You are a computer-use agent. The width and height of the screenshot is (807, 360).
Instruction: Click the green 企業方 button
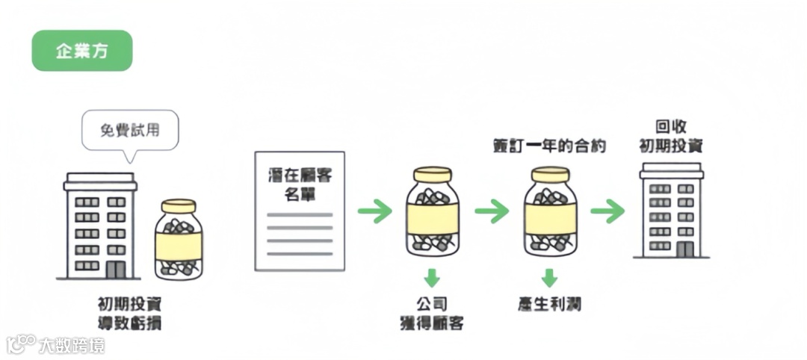pyautogui.click(x=82, y=51)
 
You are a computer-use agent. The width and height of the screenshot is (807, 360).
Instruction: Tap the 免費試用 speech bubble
pyautogui.click(x=130, y=130)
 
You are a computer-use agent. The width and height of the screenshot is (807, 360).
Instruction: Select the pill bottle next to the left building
pyautogui.click(x=179, y=239)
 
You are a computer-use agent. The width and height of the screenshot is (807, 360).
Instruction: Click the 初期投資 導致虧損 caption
pyautogui.click(x=129, y=314)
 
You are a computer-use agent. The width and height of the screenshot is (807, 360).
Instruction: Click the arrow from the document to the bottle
pyautogui.click(x=374, y=211)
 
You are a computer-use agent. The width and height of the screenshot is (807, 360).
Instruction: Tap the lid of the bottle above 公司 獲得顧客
pyautogui.click(x=433, y=176)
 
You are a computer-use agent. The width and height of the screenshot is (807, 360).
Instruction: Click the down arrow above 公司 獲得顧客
pyautogui.click(x=432, y=278)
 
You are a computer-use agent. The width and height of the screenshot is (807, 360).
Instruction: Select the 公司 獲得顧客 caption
pyautogui.click(x=432, y=314)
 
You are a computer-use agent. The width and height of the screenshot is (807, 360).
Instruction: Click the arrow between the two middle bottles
pyautogui.click(x=492, y=211)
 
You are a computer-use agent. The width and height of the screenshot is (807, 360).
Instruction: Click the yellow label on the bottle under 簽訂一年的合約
pyautogui.click(x=550, y=218)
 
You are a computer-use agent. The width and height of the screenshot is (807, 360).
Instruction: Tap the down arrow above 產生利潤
pyautogui.click(x=549, y=278)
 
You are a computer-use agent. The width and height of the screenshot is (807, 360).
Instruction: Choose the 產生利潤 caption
pyautogui.click(x=549, y=305)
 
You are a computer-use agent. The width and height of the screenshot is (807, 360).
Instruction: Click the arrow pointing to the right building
pyautogui.click(x=607, y=211)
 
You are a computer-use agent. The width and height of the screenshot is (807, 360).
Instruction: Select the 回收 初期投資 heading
pyautogui.click(x=670, y=136)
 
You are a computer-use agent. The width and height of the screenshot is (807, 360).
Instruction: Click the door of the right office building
pyautogui.click(x=684, y=249)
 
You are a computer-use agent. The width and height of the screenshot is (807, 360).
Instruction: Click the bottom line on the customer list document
pyautogui.click(x=300, y=254)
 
